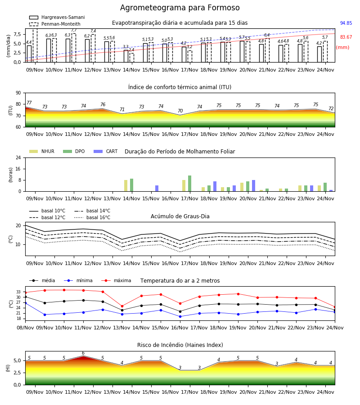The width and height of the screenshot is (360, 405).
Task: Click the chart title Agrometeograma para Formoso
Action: [180, 8]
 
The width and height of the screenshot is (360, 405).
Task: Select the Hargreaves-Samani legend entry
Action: [57, 17]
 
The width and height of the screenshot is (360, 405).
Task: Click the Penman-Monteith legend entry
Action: [55, 24]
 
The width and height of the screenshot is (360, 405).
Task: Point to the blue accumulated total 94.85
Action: [346, 23]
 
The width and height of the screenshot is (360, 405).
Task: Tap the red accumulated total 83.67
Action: [346, 37]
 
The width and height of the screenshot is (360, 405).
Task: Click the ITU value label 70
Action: [180, 111]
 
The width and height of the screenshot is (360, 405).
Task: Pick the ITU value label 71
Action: [122, 109]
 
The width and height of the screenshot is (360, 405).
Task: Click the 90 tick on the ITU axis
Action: [18, 93]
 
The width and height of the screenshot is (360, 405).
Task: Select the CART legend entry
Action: [106, 151]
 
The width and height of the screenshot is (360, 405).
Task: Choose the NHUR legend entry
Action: [42, 151]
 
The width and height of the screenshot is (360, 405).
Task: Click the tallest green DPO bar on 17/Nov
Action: [189, 184]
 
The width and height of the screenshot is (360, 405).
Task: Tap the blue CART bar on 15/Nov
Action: [157, 188]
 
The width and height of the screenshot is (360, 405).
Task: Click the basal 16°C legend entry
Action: [92, 217]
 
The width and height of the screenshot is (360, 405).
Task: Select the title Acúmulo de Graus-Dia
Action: [180, 216]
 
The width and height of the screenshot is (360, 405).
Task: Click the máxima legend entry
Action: [116, 280]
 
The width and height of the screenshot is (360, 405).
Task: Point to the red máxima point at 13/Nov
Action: [122, 306]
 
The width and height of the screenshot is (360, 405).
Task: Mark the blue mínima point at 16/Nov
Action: [180, 316]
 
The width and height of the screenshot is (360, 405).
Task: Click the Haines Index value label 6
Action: [83, 353]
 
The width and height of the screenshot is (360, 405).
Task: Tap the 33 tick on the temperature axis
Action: [18, 292]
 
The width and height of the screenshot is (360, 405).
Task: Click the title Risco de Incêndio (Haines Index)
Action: [180, 345]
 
